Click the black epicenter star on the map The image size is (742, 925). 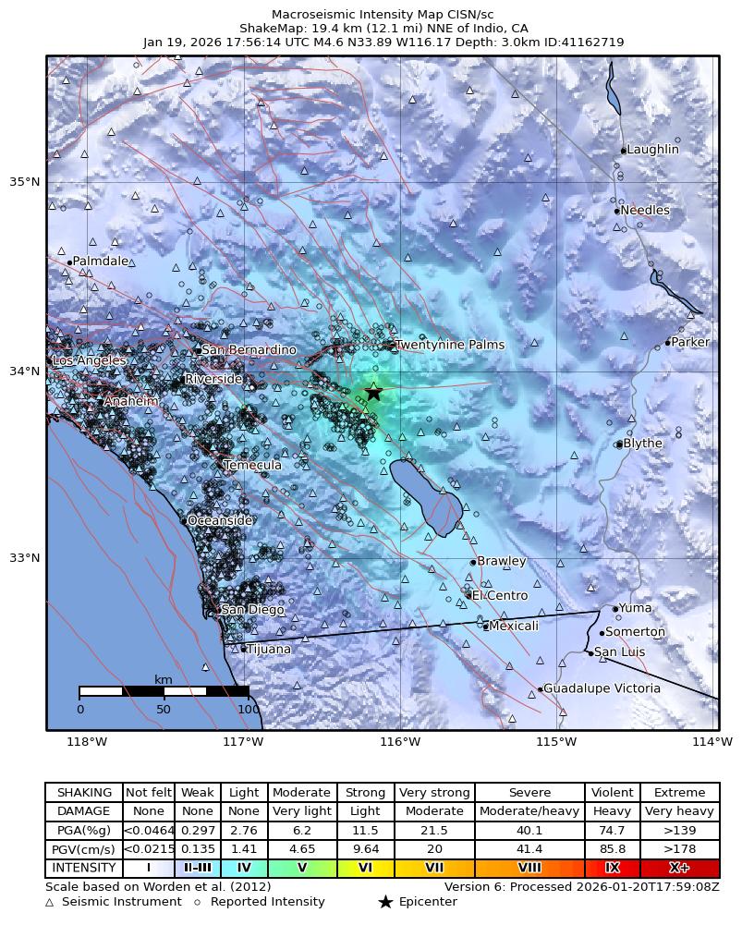point(373,392)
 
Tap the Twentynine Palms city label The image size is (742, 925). point(450,345)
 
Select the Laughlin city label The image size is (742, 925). point(652,150)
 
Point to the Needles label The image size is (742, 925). point(645,211)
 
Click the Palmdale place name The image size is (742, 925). point(101,262)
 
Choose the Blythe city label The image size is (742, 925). point(643,444)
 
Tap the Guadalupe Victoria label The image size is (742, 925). point(602,688)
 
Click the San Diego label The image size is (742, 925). point(252,610)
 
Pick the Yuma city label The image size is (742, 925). point(635,608)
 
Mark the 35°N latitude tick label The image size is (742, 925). point(25,181)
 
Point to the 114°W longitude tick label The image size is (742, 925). point(712,741)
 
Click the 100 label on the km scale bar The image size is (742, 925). point(248,710)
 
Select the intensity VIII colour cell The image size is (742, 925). point(529,869)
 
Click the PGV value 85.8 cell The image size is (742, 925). point(612,850)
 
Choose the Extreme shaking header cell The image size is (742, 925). point(679,793)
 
